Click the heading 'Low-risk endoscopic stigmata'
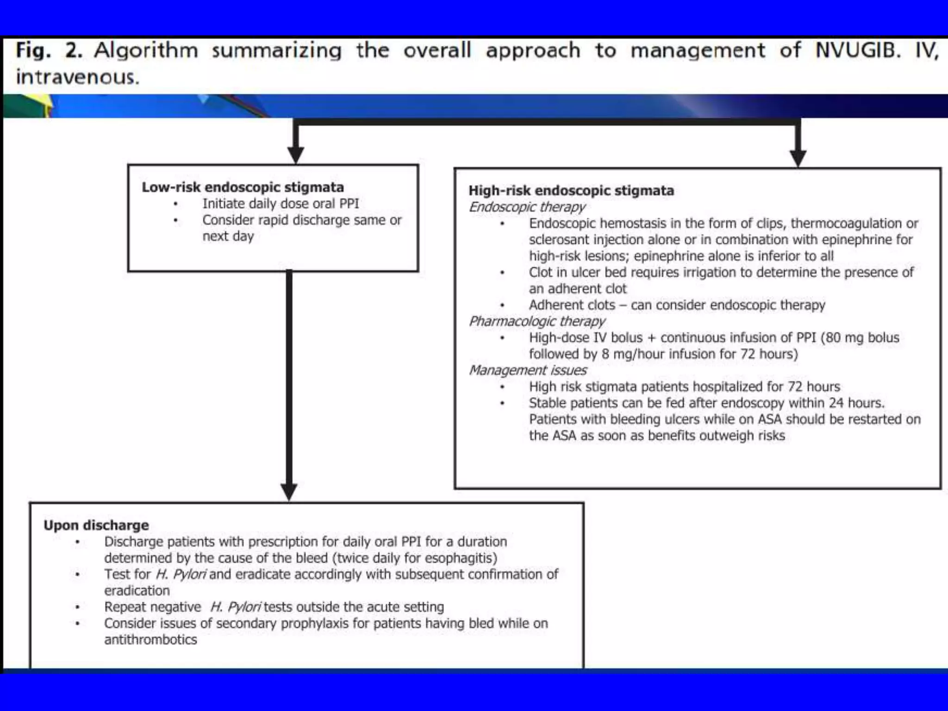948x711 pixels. click(243, 187)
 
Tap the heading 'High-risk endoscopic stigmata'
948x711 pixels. click(571, 191)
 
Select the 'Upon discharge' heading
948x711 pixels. click(96, 525)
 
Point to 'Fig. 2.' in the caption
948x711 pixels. click(49, 50)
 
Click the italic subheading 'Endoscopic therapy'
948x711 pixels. click(527, 207)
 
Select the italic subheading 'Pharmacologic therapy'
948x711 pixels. click(537, 321)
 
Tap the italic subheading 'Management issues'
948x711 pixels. click(528, 370)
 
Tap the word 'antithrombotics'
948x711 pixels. click(150, 640)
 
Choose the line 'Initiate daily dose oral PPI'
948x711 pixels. click(281, 204)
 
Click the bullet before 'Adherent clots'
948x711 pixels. click(502, 306)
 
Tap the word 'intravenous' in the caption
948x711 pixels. click(77, 77)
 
